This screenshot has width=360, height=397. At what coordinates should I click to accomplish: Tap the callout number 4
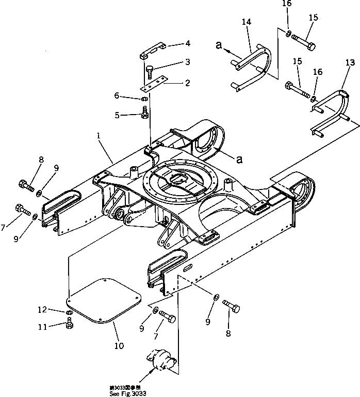pyautogui.click(x=174, y=43)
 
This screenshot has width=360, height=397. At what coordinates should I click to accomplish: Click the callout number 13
pyautogui.click(x=350, y=63)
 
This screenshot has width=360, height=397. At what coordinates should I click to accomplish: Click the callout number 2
pyautogui.click(x=173, y=82)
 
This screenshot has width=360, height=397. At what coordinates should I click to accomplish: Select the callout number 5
pyautogui.click(x=118, y=116)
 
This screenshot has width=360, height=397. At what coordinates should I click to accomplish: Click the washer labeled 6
pyautogui.click(x=145, y=99)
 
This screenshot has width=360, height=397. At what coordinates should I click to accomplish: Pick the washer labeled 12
pyautogui.click(x=69, y=313)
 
